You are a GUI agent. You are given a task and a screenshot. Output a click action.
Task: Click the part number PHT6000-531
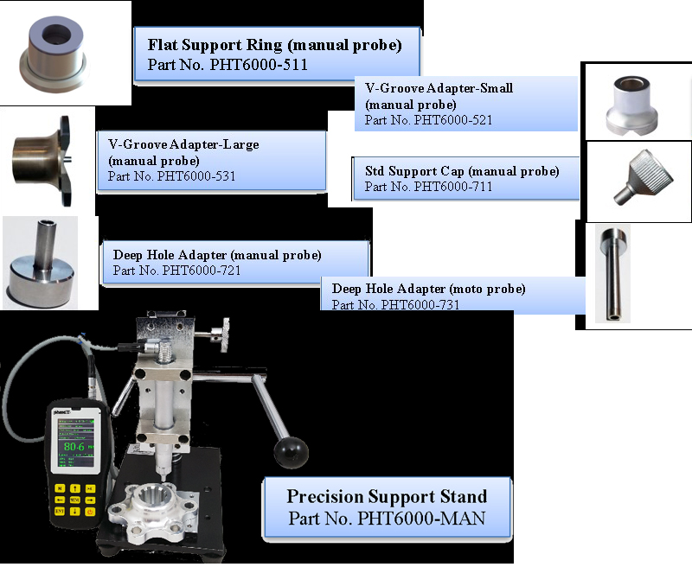point(172,176)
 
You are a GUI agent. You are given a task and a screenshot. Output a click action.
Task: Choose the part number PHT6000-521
point(428,120)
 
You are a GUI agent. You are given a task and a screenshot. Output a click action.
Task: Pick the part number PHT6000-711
point(428,187)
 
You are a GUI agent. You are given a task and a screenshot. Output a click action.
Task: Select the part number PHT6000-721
point(176,271)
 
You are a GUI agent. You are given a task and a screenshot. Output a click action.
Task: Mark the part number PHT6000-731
point(395,304)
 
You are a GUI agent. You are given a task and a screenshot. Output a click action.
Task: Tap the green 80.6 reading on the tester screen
point(75,447)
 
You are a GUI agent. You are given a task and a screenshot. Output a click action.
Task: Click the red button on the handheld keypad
point(91,512)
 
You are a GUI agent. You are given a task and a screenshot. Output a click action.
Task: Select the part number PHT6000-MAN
point(387,519)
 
